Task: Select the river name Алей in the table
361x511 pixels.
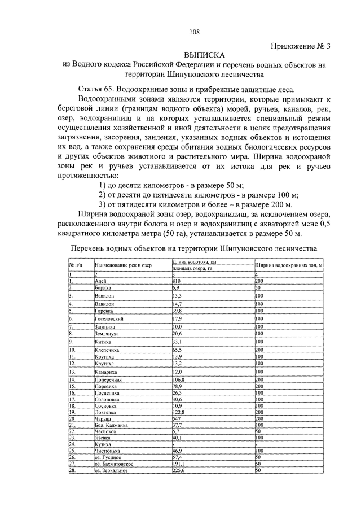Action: click(101, 281)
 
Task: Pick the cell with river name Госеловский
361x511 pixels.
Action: click(109, 318)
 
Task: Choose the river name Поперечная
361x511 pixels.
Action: click(108, 381)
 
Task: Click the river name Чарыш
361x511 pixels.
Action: click(103, 419)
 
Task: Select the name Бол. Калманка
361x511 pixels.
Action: click(111, 425)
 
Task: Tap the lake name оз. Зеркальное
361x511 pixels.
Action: click(113, 470)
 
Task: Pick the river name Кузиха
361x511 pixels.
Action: click(103, 444)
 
